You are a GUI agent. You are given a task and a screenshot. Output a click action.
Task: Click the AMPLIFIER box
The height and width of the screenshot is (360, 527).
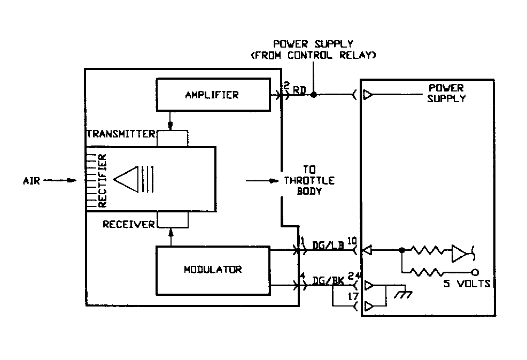(212, 95)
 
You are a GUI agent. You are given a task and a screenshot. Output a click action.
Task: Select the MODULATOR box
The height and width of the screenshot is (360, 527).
(212, 269)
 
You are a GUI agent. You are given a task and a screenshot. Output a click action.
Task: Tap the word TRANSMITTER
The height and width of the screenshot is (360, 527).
(121, 133)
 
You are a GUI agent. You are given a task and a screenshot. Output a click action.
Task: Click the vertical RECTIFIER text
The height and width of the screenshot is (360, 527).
(102, 181)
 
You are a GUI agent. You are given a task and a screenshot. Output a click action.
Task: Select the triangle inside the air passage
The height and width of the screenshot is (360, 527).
(126, 180)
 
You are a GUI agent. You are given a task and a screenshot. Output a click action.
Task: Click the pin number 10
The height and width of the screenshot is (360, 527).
(352, 240)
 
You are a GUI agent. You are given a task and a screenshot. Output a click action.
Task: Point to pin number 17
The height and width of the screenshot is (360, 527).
(352, 296)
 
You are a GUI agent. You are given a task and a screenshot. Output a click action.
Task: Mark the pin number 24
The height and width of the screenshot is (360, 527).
(352, 277)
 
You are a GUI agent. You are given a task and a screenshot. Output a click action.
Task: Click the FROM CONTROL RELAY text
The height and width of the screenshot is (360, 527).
(313, 55)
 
